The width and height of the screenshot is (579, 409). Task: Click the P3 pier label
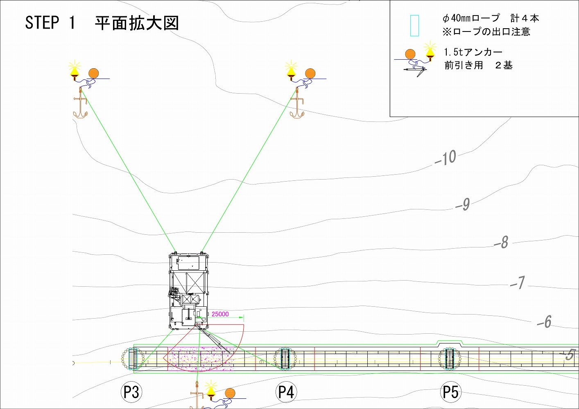131,392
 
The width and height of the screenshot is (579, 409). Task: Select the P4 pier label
286,392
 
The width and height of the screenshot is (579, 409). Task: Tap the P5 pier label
450,392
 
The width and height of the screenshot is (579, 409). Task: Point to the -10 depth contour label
446,158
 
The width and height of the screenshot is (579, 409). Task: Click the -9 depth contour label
463,204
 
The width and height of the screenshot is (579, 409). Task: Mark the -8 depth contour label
502,242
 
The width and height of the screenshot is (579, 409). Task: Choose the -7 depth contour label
518,282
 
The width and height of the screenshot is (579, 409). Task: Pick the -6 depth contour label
545,322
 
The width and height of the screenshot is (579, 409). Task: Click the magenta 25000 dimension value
220,314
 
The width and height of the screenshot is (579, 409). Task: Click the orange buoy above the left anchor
94,73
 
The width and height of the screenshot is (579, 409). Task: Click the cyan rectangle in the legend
414,26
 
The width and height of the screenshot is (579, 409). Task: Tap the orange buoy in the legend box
410,54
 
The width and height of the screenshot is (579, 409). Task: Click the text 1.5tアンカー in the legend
473,52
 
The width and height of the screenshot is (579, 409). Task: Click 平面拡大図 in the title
137,23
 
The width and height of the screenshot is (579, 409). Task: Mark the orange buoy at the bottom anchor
230,393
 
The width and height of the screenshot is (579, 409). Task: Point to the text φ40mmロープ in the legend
471,18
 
